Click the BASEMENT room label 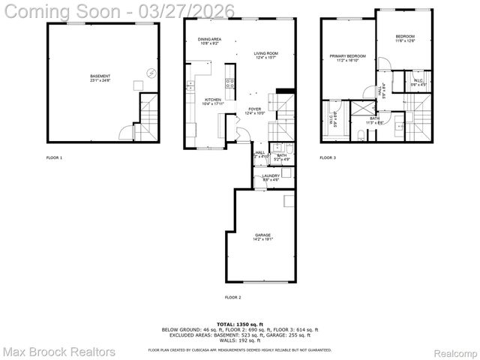tap(100, 77)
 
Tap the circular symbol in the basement tap(151, 73)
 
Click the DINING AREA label tap(210, 41)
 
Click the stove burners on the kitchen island tap(230, 82)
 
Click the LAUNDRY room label tap(271, 178)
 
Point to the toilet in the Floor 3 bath tap(361, 136)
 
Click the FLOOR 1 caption tap(54, 158)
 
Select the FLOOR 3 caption tap(328, 158)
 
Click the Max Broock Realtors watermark tap(58, 351)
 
